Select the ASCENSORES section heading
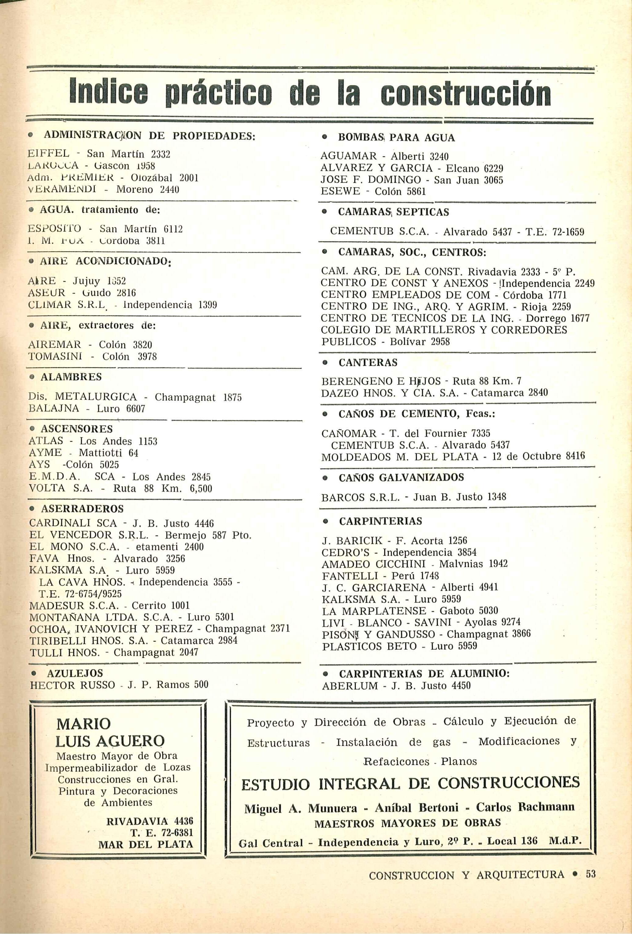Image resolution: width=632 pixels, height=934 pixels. pyautogui.click(x=76, y=429)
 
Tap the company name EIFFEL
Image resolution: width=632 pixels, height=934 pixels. pyautogui.click(x=49, y=154)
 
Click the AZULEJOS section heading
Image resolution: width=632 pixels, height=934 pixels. pyautogui.click(x=75, y=673)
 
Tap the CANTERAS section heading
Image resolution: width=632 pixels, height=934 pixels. pyautogui.click(x=368, y=363)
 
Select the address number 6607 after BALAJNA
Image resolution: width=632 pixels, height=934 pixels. pyautogui.click(x=136, y=409)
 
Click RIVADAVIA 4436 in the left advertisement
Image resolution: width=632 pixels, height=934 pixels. pyautogui.click(x=150, y=821)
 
